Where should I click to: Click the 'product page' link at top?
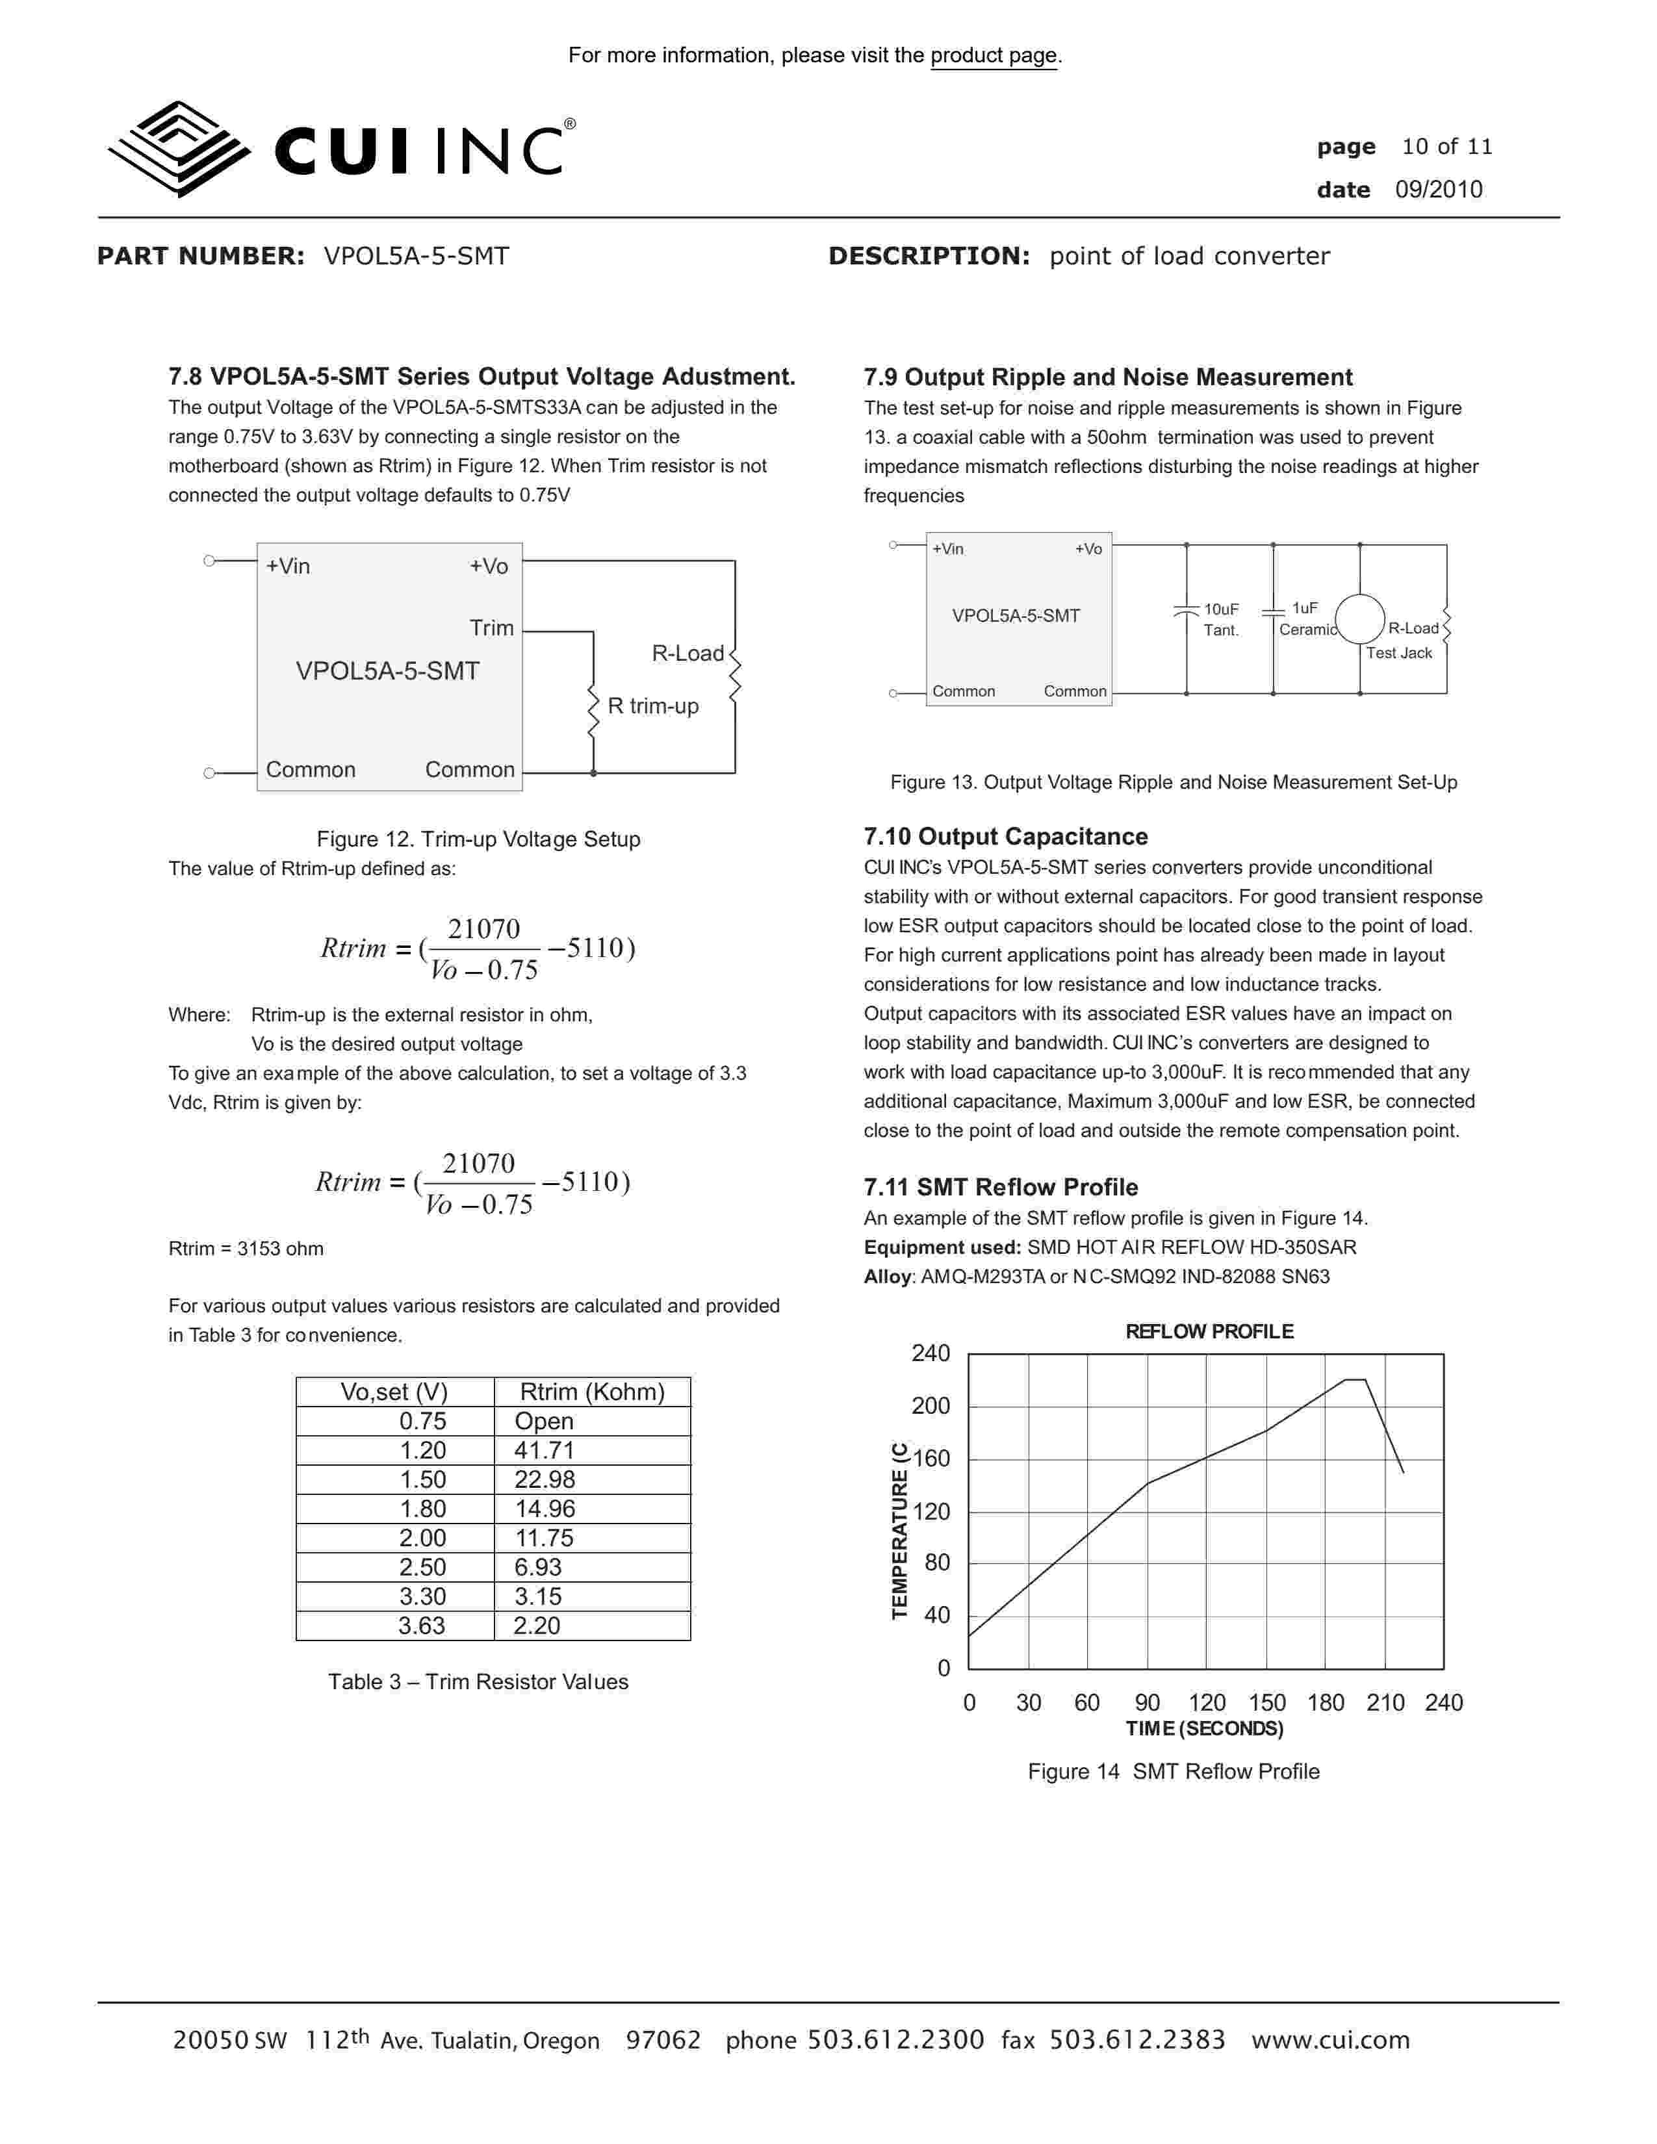[994, 56]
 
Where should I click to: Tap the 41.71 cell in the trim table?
[544, 1450]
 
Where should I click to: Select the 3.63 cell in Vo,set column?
[422, 1626]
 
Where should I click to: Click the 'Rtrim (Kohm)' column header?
[592, 1392]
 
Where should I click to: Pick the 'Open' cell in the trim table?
[544, 1422]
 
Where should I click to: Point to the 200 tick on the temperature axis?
[931, 1406]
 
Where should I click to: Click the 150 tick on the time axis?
[1266, 1704]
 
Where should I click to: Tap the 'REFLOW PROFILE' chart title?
[1209, 1331]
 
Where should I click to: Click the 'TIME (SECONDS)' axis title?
[1205, 1729]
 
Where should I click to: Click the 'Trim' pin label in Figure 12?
[492, 628]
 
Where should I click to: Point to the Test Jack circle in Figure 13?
[1359, 619]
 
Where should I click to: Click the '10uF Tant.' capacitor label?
[1221, 619]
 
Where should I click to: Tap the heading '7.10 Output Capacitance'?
[1005, 836]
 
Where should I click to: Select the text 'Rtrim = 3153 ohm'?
[246, 1249]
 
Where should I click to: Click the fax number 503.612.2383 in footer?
[1137, 2040]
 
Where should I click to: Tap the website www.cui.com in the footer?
[1330, 2040]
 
